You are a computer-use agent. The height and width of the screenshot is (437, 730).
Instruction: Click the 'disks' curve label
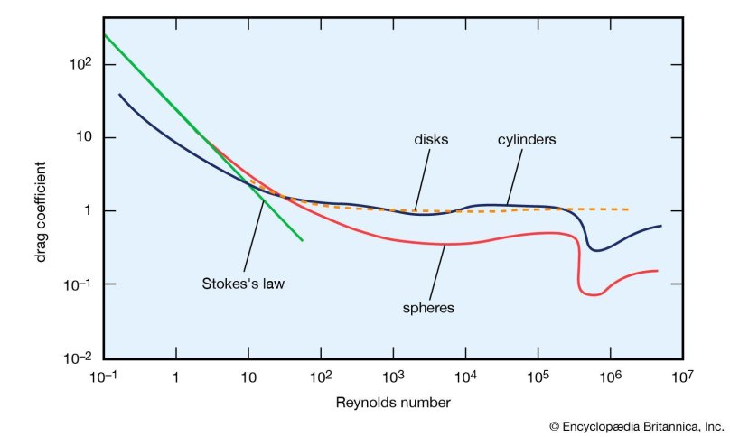click(x=431, y=140)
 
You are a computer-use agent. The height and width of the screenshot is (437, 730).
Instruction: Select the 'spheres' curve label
click(x=427, y=307)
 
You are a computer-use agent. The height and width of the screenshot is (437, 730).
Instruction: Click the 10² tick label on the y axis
click(x=82, y=64)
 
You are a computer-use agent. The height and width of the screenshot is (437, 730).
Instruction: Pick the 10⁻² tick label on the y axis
click(x=80, y=358)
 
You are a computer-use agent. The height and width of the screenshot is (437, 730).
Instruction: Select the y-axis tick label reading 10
click(x=85, y=138)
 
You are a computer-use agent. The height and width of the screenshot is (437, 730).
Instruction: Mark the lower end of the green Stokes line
click(x=302, y=240)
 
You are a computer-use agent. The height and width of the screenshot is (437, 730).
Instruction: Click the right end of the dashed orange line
click(x=629, y=209)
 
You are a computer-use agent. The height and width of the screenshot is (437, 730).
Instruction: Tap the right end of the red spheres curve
click(x=657, y=270)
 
